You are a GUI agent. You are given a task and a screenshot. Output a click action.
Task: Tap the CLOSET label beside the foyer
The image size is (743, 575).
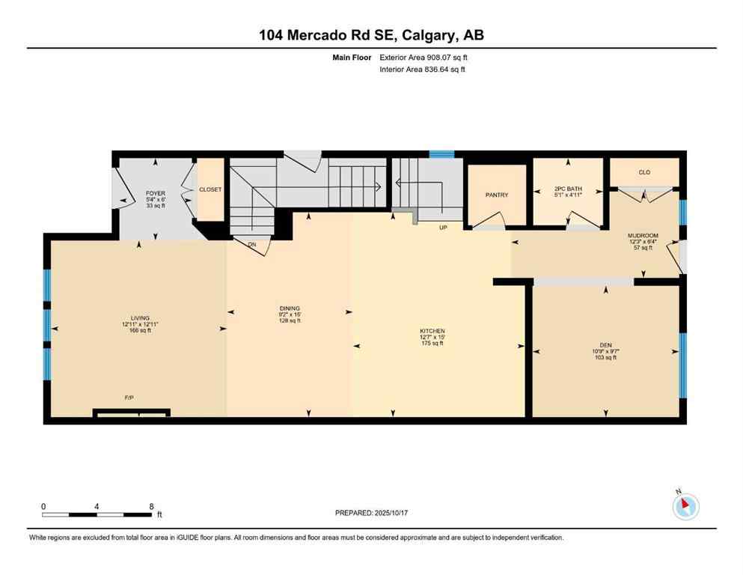[x=210, y=189]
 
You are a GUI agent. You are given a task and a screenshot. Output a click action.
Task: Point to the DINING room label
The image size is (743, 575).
[x=290, y=308]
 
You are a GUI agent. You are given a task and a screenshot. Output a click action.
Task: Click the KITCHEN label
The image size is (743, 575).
[x=432, y=331]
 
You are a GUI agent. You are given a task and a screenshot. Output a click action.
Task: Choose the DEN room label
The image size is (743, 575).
[x=605, y=345]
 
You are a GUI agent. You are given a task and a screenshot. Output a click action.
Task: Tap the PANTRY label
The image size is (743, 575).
[x=496, y=195]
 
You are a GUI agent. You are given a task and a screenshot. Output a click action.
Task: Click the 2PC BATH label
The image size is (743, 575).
[x=568, y=189]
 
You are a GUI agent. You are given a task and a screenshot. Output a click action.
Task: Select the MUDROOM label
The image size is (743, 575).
[x=642, y=235]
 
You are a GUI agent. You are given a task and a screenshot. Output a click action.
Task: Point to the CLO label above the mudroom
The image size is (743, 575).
[x=644, y=172]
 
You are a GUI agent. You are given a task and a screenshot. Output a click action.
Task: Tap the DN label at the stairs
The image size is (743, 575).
[x=252, y=243]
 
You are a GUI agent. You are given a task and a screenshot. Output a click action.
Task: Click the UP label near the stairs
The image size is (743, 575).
[x=443, y=227]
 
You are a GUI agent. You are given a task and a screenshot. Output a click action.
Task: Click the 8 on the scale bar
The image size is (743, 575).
[x=152, y=505]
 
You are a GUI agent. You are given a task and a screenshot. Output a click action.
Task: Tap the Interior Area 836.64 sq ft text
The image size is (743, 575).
[x=423, y=70]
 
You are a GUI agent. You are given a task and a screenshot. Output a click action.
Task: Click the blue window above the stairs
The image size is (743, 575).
[x=441, y=154]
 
